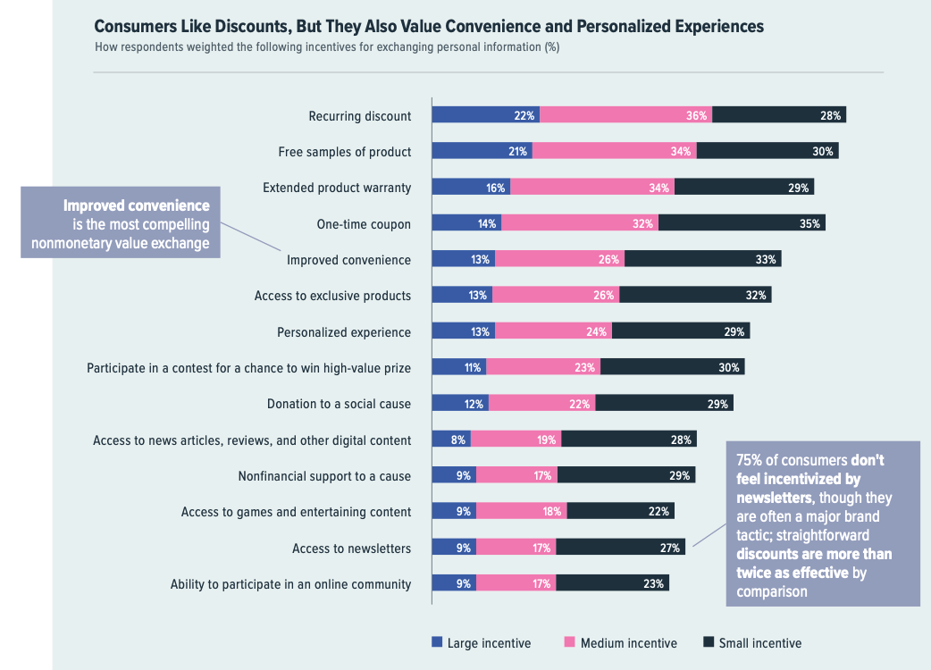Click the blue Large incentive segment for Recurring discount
(x=485, y=115)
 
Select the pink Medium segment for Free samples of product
(x=614, y=152)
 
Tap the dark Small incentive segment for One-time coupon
(x=742, y=223)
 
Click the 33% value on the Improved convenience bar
(x=766, y=260)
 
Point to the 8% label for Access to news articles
(x=458, y=440)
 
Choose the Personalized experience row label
(x=344, y=332)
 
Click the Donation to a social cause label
(x=339, y=404)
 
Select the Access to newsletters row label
(x=351, y=549)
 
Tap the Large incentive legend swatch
(x=437, y=642)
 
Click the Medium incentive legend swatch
(x=569, y=642)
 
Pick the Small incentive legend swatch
(x=709, y=642)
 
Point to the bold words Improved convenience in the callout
(x=136, y=206)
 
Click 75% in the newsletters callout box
(x=750, y=460)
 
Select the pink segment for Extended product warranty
(x=591, y=188)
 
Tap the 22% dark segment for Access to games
(x=620, y=512)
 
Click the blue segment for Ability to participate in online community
(x=453, y=584)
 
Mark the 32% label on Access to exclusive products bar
(x=755, y=296)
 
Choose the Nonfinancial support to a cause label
(x=324, y=476)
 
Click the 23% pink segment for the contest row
(x=543, y=367)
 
